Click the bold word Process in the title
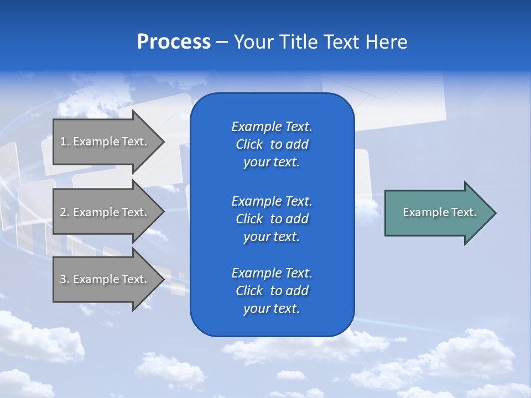[x=174, y=42]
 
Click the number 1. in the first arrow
[x=65, y=142]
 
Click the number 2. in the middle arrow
[x=65, y=212]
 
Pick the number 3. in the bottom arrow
[x=65, y=279]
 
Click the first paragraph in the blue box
[x=272, y=144]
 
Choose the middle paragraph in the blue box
[x=272, y=219]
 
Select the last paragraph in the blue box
[x=272, y=291]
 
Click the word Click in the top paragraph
[x=249, y=144]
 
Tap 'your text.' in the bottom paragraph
[x=272, y=309]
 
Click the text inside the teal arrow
[x=439, y=212]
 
